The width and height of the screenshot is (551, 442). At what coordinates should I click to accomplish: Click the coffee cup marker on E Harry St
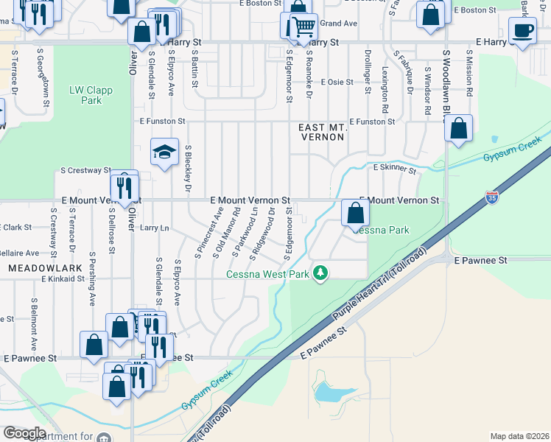pyautogui.click(x=523, y=31)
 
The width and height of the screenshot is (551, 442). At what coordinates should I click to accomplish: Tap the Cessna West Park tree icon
pyautogui.click(x=320, y=273)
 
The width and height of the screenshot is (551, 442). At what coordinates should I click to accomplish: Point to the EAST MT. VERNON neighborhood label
pyautogui.click(x=322, y=133)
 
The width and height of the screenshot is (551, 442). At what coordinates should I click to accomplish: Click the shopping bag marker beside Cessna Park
pyautogui.click(x=355, y=214)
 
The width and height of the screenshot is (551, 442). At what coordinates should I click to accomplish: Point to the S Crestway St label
pyautogui.click(x=85, y=170)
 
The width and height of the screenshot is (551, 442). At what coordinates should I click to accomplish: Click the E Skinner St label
pyautogui.click(x=394, y=169)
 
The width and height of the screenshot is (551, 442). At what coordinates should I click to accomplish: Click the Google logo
pyautogui.click(x=24, y=433)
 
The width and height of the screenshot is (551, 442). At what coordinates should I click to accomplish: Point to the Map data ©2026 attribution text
pyautogui.click(x=519, y=436)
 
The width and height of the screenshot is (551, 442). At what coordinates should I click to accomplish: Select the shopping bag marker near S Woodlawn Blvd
pyautogui.click(x=459, y=129)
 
